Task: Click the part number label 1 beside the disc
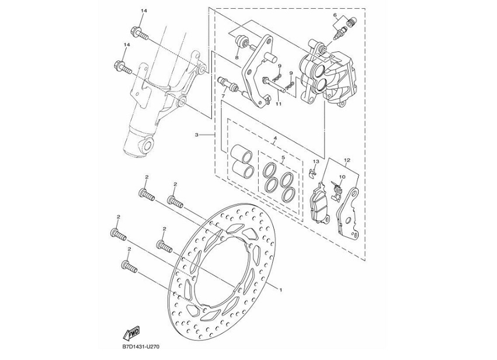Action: click(x=281, y=289)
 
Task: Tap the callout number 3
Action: click(x=198, y=135)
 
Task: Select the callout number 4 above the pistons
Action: click(x=274, y=139)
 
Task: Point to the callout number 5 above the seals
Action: click(x=283, y=158)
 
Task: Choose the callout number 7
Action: click(x=223, y=95)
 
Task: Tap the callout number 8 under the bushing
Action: click(x=237, y=58)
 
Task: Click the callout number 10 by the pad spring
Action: click(x=342, y=176)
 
